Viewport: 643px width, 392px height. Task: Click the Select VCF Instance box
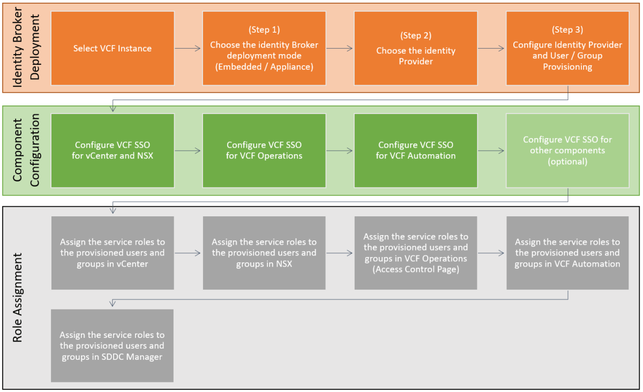(x=113, y=48)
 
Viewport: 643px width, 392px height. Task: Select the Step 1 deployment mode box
(x=264, y=48)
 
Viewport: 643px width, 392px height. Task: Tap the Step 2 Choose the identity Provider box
(x=416, y=48)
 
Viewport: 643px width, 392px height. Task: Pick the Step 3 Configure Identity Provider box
(x=567, y=48)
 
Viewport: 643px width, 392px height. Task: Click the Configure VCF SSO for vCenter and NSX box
(x=113, y=150)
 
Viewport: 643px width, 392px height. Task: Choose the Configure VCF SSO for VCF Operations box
(x=264, y=150)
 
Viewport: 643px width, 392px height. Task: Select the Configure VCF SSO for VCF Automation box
(x=416, y=150)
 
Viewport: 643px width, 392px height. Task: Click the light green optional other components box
(x=567, y=150)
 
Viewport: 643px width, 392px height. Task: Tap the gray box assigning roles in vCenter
(x=113, y=253)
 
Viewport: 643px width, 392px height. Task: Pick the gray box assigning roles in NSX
(x=264, y=253)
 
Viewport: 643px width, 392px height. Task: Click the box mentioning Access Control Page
(x=416, y=253)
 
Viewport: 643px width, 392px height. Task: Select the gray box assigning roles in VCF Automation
(x=567, y=253)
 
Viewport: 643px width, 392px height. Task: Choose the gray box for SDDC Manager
(x=113, y=345)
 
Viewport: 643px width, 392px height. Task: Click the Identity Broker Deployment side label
(x=26, y=48)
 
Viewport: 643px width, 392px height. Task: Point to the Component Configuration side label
(x=26, y=150)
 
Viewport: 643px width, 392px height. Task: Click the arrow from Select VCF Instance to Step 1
(x=188, y=48)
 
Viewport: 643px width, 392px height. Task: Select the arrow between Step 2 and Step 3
(x=491, y=48)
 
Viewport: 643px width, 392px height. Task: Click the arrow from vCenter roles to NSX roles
(x=188, y=253)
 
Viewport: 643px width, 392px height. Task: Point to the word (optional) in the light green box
(x=567, y=161)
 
